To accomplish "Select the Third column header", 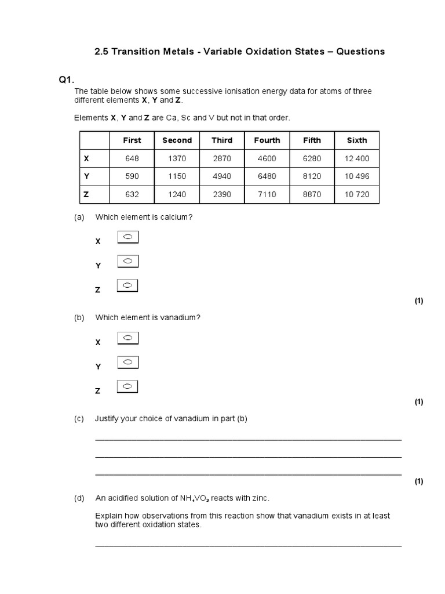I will click(222, 140).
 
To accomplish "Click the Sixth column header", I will click(356, 140).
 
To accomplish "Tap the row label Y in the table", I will click(86, 176).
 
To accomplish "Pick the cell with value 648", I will click(132, 158).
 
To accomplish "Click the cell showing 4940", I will click(222, 176).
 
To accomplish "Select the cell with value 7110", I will click(267, 194).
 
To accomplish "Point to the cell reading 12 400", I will click(356, 158).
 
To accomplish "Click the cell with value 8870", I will click(312, 194).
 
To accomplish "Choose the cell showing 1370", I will click(177, 158).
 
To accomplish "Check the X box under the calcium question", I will click(128, 237).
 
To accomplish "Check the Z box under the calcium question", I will click(128, 285).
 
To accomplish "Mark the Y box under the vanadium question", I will click(128, 362).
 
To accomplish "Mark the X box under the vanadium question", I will click(128, 338).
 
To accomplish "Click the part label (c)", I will click(79, 419).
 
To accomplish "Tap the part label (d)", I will click(79, 498).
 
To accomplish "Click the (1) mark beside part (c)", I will click(419, 481).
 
